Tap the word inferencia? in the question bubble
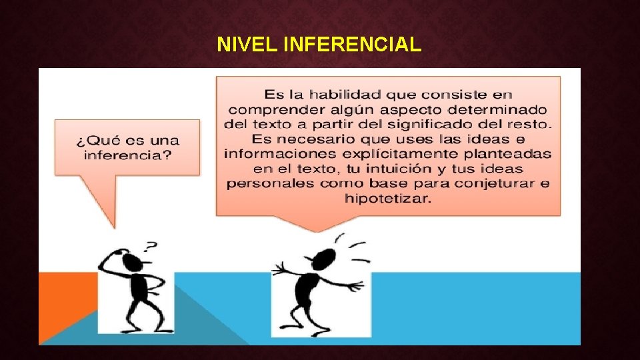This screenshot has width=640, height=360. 127,155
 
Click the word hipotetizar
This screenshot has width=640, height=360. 388,198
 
